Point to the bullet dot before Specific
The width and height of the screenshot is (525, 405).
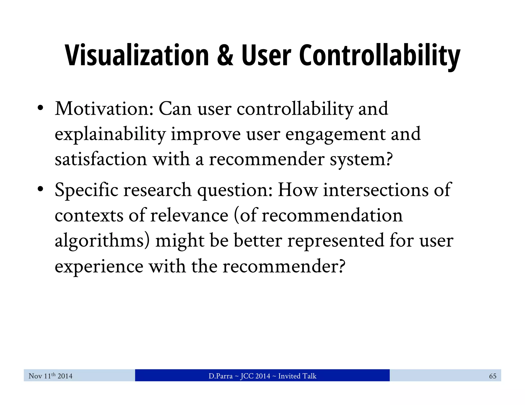[x=40, y=189]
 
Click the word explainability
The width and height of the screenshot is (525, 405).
[x=110, y=134]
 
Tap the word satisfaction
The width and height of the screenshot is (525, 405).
[x=101, y=159]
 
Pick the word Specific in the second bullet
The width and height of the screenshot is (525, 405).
[x=86, y=190]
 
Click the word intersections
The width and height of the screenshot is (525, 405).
[x=376, y=190]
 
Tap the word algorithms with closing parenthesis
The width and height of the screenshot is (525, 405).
[x=102, y=241]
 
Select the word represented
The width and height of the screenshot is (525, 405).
[x=336, y=241]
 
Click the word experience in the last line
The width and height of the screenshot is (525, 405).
[x=99, y=267]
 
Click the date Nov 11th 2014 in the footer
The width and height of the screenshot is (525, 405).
[x=51, y=376]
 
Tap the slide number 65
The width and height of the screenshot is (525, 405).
[x=492, y=376]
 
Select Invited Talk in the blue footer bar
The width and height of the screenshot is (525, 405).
[x=297, y=376]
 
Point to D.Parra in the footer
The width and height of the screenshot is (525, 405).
[x=220, y=376]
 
